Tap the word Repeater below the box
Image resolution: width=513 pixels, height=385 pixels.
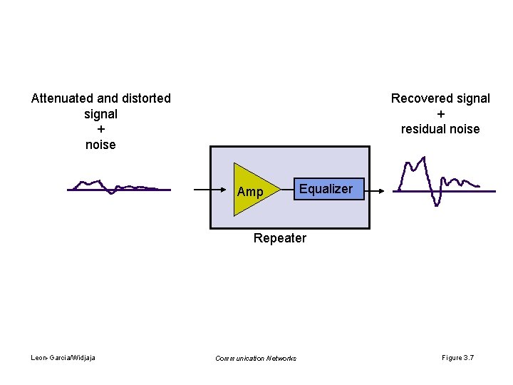point(280,238)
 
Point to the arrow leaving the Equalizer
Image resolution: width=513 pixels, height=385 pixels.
point(375,190)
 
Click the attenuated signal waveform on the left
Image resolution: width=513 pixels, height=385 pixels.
point(118,188)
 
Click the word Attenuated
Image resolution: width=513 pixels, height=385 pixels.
point(63,98)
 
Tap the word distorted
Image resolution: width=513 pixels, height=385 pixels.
point(146,98)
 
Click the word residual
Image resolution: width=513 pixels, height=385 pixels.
point(425,129)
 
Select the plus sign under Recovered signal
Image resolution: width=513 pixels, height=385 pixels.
point(440,114)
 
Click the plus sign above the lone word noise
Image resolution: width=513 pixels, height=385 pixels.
point(100,129)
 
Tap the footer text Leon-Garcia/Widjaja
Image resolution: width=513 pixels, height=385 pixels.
point(63,357)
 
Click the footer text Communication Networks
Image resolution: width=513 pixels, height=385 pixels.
point(256,358)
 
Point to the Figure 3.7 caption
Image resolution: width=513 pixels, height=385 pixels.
point(458,357)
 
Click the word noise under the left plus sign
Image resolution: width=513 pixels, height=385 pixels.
point(100,145)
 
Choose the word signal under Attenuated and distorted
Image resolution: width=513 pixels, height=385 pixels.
point(100,114)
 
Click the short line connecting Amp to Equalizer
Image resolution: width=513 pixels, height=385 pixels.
point(286,190)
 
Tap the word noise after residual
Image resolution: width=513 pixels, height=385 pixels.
point(465,129)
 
